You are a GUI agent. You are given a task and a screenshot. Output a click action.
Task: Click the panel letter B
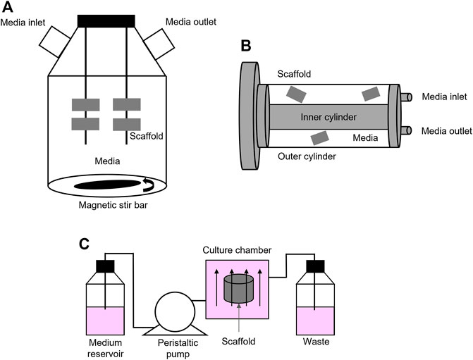point(246,47)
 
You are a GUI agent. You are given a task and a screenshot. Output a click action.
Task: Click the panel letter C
point(84,244)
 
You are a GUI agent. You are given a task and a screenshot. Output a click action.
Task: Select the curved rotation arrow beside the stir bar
point(149,185)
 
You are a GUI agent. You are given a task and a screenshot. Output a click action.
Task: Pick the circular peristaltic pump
point(173,311)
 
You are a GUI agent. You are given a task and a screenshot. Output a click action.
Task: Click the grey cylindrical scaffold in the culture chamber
point(238,290)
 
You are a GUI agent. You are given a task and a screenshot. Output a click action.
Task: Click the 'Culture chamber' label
point(238,249)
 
